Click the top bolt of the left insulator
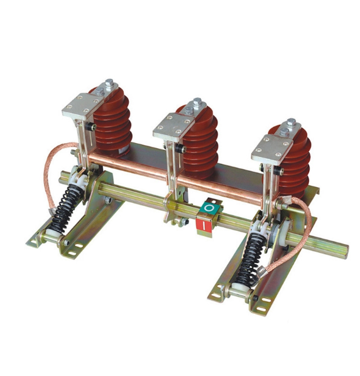coord(110,83)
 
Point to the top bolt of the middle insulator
coord(197,103)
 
